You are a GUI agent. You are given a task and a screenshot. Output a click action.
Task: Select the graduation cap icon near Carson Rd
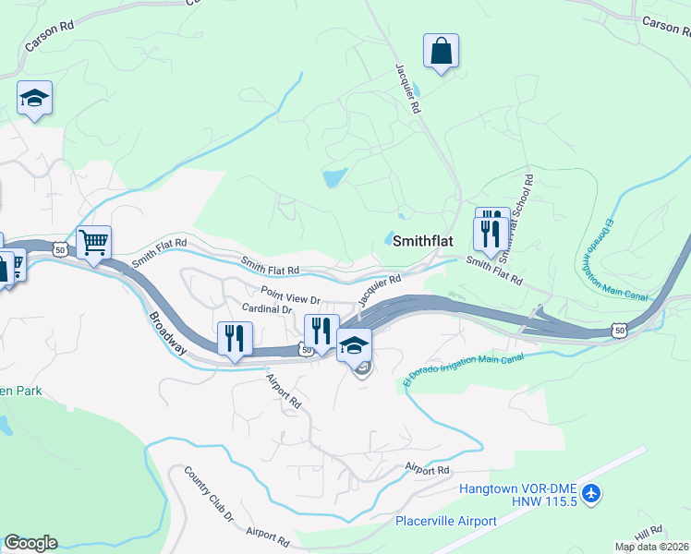tap(34, 99)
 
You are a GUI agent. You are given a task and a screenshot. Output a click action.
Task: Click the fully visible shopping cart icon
tap(93, 244)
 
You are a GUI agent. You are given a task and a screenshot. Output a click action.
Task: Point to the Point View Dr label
tap(289, 296)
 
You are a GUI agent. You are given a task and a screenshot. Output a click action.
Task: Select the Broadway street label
tap(167, 332)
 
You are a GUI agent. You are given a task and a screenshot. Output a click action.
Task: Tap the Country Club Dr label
tap(210, 494)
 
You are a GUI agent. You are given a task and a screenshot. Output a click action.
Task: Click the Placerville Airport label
tap(446, 521)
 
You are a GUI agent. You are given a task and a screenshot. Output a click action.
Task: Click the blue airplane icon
tap(592, 494)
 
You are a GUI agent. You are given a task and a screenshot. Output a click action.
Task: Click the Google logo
tap(30, 543)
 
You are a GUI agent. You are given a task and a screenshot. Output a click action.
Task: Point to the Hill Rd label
tap(649, 533)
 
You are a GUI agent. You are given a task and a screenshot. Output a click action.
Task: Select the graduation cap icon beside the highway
tap(354, 345)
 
